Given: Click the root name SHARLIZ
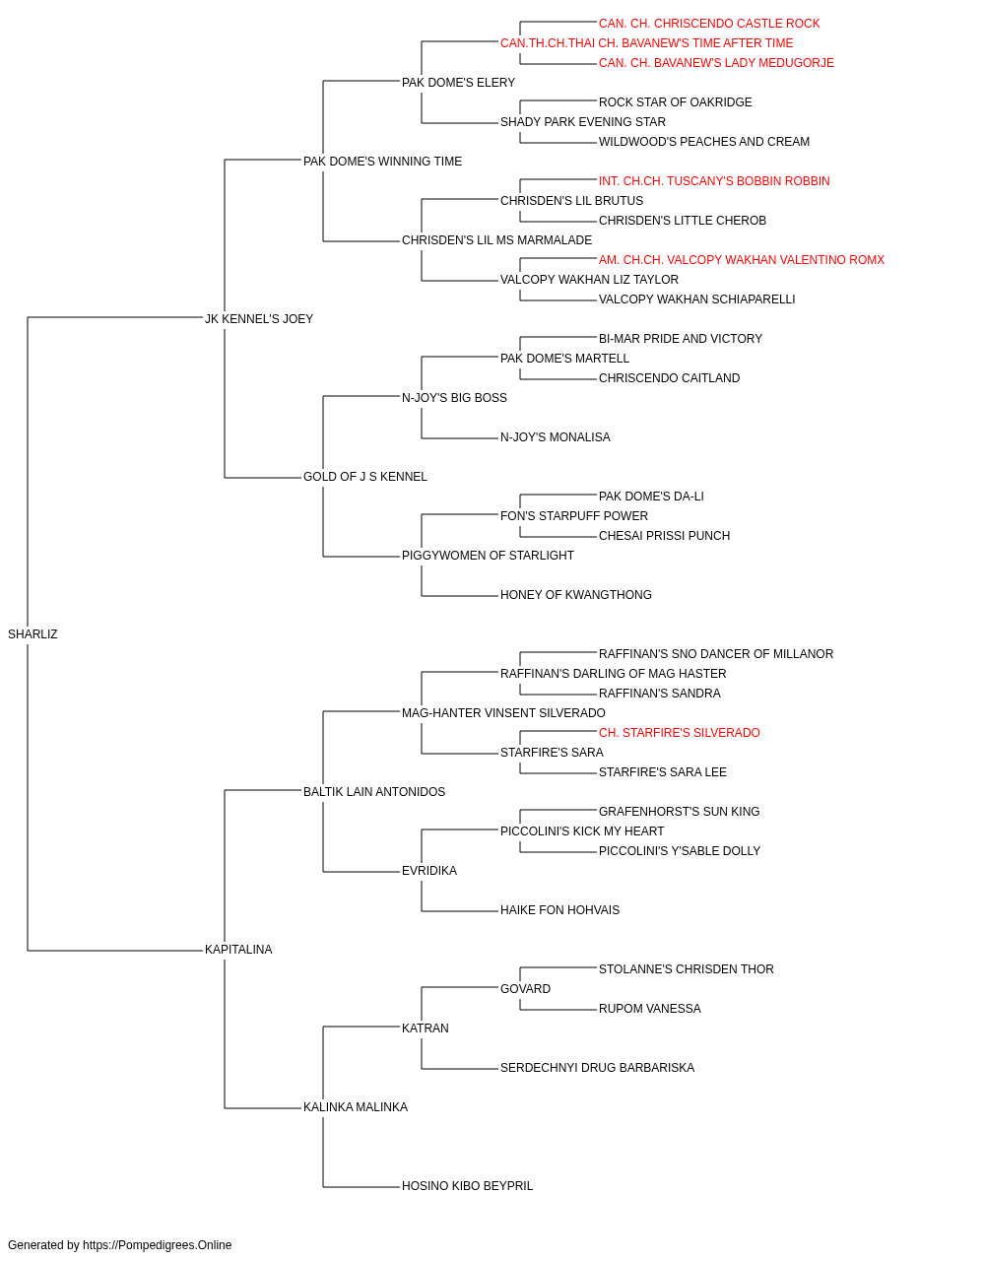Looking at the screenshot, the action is [33, 634].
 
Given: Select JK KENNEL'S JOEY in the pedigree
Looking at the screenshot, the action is [259, 319].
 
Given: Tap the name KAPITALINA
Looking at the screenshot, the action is [238, 950].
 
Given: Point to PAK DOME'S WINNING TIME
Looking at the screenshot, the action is [382, 162].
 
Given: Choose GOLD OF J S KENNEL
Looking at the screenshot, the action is [364, 477].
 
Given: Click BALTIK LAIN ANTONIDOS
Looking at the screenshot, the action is [374, 792].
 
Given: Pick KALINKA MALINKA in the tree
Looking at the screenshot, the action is [355, 1107].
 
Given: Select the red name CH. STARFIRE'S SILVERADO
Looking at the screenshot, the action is [680, 733].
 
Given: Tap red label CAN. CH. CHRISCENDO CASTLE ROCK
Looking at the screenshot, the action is [709, 24].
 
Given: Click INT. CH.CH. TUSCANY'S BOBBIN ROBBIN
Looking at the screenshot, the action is [714, 181].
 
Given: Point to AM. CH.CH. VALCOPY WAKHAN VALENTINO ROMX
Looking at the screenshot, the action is [742, 260].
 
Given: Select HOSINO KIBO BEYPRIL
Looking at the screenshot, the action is [467, 1186].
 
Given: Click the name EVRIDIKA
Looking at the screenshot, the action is [429, 871].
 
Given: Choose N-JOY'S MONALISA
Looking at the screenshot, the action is [556, 437].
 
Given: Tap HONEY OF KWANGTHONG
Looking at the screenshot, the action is [576, 595].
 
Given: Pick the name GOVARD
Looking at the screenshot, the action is [525, 989].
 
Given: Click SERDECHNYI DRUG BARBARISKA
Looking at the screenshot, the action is [597, 1068].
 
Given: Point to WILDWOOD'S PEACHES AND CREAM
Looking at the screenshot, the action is [704, 142].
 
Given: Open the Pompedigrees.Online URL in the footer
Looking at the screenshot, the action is [158, 1245].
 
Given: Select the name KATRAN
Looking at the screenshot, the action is [426, 1029].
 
